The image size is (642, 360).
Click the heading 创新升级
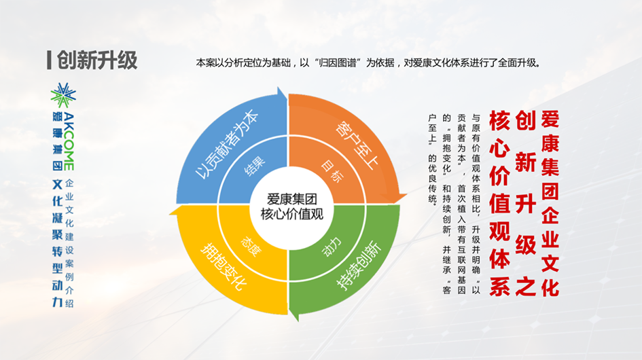coord(97,60)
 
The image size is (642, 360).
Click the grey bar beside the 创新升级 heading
coord(49,60)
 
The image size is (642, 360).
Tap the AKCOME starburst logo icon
coord(63,95)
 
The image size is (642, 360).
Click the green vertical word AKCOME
coord(69,142)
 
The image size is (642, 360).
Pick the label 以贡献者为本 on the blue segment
coord(227,145)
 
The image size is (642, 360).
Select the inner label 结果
coord(255,166)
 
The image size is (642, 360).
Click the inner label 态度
coord(250,246)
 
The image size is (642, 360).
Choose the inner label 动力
coord(331,246)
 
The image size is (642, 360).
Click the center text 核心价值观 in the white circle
coord(292,214)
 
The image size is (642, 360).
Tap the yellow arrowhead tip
coord(170,213)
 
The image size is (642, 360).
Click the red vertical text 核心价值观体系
coord(499,203)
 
